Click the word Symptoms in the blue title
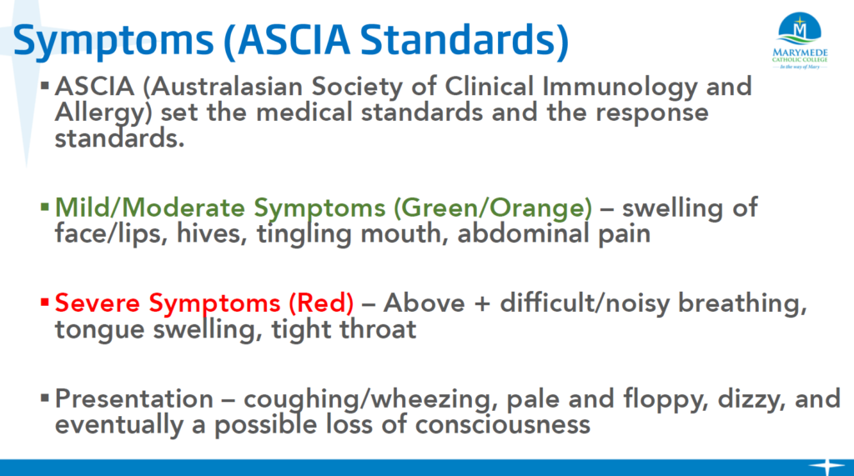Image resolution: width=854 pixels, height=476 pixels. click(113, 42)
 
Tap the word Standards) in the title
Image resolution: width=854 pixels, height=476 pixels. click(465, 40)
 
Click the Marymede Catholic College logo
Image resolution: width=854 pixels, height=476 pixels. click(800, 41)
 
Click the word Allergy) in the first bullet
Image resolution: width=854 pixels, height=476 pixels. click(103, 113)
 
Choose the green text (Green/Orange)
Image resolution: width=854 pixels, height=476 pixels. click(493, 208)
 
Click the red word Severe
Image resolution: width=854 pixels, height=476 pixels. click(98, 303)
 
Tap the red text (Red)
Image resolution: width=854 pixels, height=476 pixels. click(321, 303)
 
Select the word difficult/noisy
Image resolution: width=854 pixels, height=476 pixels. click(585, 303)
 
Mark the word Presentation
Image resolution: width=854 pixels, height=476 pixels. click(134, 398)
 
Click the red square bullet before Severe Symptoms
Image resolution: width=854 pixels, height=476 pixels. click(45, 303)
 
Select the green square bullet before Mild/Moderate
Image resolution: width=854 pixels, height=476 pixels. click(45, 207)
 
